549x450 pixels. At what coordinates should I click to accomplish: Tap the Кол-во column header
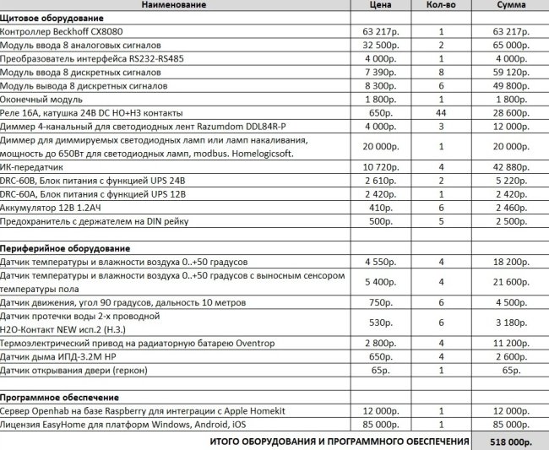(x=441, y=5)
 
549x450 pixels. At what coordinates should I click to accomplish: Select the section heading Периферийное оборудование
(x=65, y=249)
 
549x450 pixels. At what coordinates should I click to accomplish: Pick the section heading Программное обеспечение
(x=64, y=397)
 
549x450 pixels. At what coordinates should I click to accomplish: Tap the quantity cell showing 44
(x=441, y=112)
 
